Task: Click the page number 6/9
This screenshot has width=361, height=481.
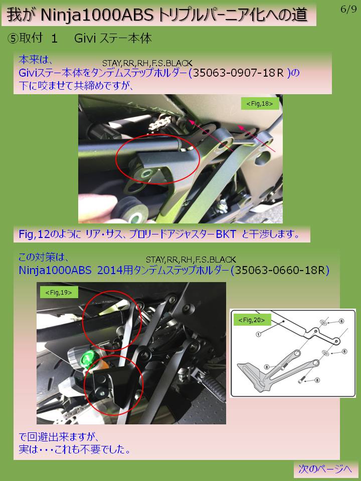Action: pyautogui.click(x=348, y=9)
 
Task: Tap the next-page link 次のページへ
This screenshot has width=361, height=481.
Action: pyautogui.click(x=325, y=469)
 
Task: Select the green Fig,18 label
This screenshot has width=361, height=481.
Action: pyautogui.click(x=260, y=104)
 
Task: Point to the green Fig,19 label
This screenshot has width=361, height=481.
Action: pyautogui.click(x=59, y=292)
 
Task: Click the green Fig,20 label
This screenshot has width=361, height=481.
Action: pyautogui.click(x=252, y=320)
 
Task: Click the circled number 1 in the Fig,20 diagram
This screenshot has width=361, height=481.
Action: pyautogui.click(x=259, y=334)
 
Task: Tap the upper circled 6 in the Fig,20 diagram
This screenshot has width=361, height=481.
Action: pyautogui.click(x=341, y=321)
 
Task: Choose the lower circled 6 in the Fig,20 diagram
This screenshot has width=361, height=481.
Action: pyautogui.click(x=344, y=351)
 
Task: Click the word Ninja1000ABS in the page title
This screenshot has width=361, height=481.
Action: pyautogui.click(x=97, y=15)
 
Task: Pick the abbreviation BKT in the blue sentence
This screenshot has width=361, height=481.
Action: pyautogui.click(x=226, y=234)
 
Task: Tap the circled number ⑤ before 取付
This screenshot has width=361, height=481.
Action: pyautogui.click(x=13, y=39)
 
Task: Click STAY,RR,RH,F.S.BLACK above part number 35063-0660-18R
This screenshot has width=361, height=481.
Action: pyautogui.click(x=191, y=260)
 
